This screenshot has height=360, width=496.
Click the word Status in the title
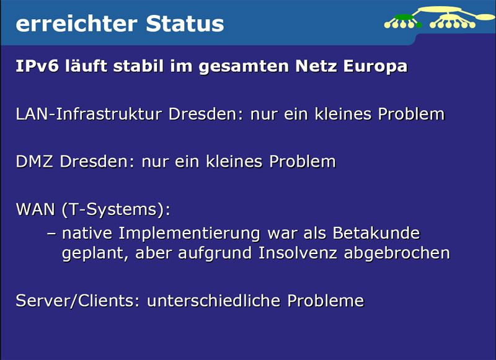click(185, 23)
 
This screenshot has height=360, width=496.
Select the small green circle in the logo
click(418, 25)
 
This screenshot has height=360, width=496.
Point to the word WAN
click(35, 209)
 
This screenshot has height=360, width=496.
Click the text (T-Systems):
click(115, 210)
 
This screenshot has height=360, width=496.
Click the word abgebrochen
click(399, 253)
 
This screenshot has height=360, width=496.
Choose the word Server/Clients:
click(78, 301)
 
